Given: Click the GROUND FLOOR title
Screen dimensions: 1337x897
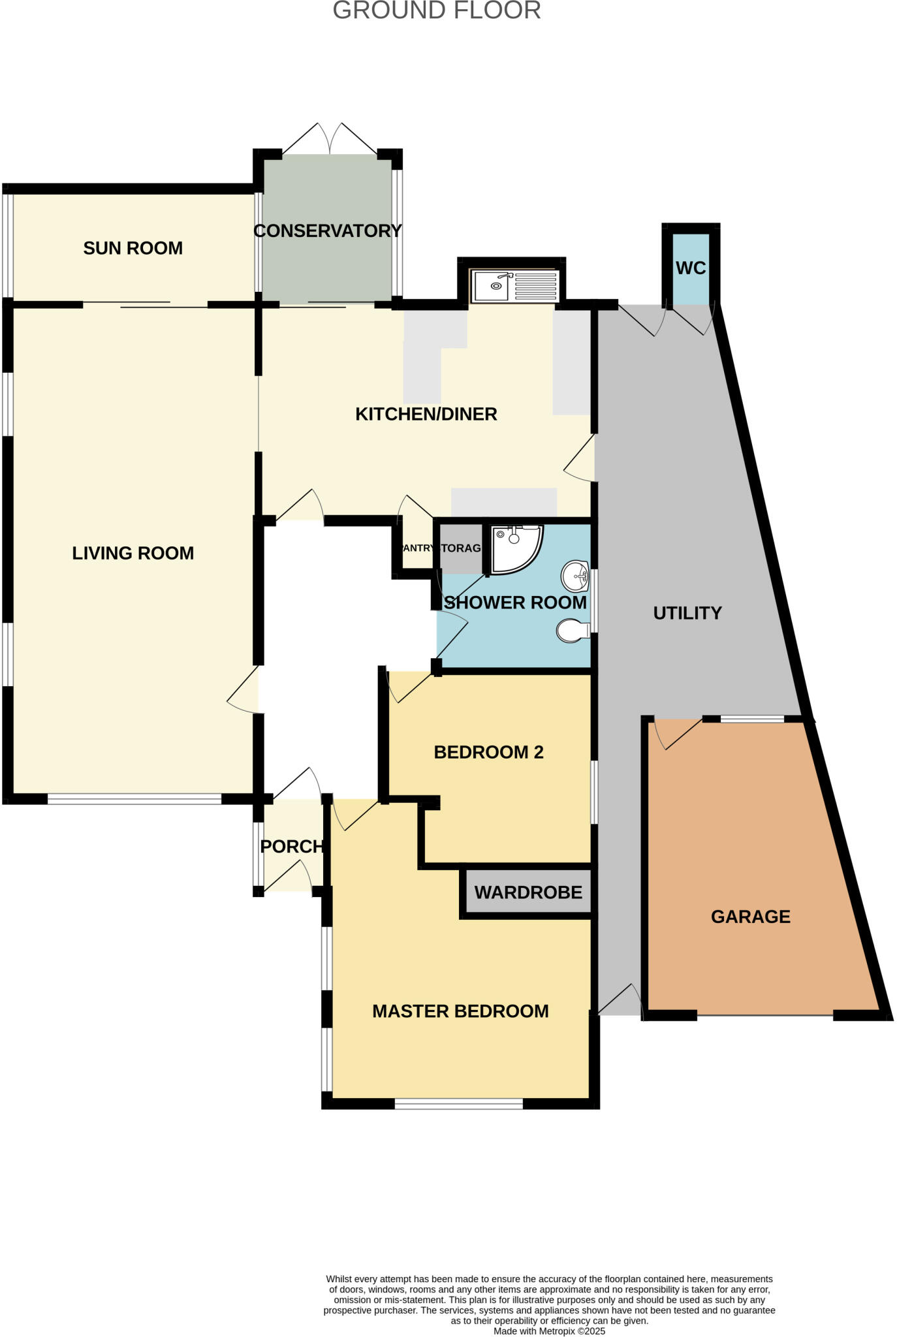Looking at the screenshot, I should [x=437, y=10].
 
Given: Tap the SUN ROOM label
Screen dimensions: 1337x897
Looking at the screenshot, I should [x=133, y=248].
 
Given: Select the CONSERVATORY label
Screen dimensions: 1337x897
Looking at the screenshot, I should [x=327, y=230].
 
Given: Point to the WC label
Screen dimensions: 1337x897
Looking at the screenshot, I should [x=691, y=268].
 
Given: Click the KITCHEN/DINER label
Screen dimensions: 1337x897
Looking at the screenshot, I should [x=426, y=414].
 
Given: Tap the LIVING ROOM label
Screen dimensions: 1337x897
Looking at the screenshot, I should [x=133, y=553].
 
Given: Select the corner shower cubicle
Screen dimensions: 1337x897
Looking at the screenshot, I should [x=515, y=548].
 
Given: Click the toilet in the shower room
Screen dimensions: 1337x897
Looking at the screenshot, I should [x=573, y=631].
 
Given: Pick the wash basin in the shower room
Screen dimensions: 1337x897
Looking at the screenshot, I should [x=576, y=575].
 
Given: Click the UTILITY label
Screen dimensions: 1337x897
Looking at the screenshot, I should [x=687, y=613].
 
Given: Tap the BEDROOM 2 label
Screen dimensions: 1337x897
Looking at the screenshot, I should [x=488, y=752].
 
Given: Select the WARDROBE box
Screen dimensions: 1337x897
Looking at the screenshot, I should [x=527, y=892].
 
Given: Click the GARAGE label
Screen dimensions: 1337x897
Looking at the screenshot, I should [x=750, y=917].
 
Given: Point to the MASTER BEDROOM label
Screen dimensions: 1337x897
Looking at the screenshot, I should [x=460, y=1011].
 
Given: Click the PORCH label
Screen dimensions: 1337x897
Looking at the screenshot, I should [x=292, y=847].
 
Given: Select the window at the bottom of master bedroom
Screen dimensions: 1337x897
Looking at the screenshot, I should [x=458, y=1103].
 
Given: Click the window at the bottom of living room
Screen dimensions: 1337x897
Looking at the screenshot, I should [x=134, y=798].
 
